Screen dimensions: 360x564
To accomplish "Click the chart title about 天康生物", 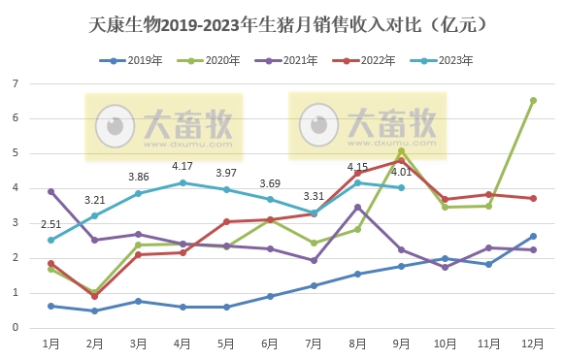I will click(282, 21).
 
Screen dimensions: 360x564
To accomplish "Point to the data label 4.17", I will click(182, 166).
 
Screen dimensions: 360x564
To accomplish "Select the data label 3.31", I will click(313, 196).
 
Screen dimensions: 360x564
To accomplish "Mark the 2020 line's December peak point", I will click(533, 100).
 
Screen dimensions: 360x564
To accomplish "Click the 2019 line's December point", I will click(533, 236).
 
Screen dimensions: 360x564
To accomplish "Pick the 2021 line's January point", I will click(50, 191).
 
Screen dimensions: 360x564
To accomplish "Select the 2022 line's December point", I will click(533, 198).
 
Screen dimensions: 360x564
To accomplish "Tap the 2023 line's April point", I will click(182, 182).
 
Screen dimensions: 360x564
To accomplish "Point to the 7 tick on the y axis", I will click(17, 83).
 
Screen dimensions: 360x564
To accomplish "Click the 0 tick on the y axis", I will click(17, 328).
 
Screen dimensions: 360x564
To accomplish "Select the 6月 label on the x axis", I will click(270, 344).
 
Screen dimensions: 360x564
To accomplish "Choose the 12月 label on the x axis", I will click(533, 344).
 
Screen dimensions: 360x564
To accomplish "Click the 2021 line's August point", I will click(357, 207).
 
